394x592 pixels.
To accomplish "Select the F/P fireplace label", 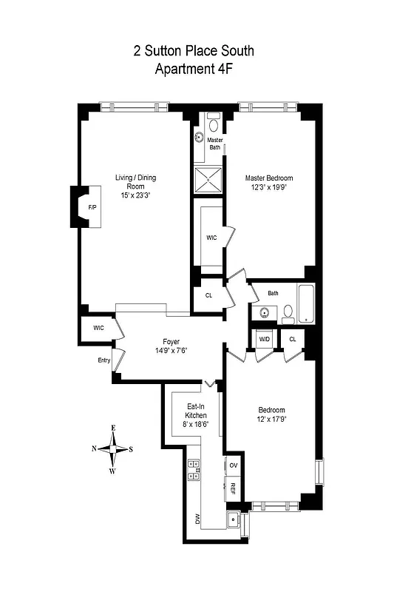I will [x=92, y=207].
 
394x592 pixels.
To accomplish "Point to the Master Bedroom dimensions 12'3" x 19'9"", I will [x=269, y=188].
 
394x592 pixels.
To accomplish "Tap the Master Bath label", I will [x=214, y=144].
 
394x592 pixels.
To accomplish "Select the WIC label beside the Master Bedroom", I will [x=211, y=238].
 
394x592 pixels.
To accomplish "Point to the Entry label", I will [x=103, y=360].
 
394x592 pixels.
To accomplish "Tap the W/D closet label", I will [x=264, y=339].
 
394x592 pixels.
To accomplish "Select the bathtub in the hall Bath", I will [x=306, y=303].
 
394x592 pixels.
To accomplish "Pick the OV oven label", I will [x=233, y=465].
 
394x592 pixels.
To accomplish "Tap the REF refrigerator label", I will [x=233, y=488].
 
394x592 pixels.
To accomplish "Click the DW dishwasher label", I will [x=197, y=519].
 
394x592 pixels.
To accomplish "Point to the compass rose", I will [x=113, y=448].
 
